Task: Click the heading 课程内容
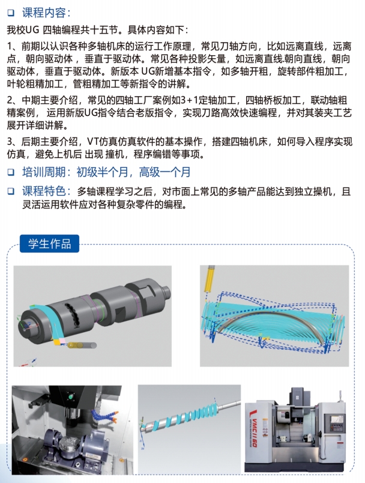[44, 13]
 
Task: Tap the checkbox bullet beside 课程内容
[11, 13]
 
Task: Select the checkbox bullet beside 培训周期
[11, 172]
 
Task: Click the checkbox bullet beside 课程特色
[11, 191]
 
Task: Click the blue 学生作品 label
[50, 244]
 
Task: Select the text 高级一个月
[165, 172]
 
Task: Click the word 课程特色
[44, 191]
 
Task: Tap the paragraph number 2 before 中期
[10, 100]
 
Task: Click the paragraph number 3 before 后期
[10, 142]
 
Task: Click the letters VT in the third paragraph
[93, 142]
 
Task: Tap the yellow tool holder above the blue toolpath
[210, 279]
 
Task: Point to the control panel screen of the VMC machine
[337, 420]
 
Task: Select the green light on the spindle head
[71, 396]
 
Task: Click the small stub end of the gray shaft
[166, 293]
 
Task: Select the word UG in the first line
[32, 30]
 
